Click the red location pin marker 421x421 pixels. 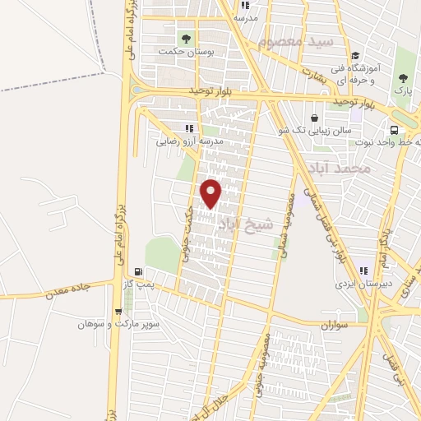212,192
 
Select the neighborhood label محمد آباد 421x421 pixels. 339,169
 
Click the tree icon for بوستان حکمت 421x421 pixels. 185,37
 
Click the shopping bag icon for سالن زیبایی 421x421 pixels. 315,118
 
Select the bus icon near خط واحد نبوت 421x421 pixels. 394,130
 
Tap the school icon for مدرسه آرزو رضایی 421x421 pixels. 190,128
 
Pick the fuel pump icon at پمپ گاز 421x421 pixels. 138,272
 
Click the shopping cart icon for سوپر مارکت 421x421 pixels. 119,311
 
